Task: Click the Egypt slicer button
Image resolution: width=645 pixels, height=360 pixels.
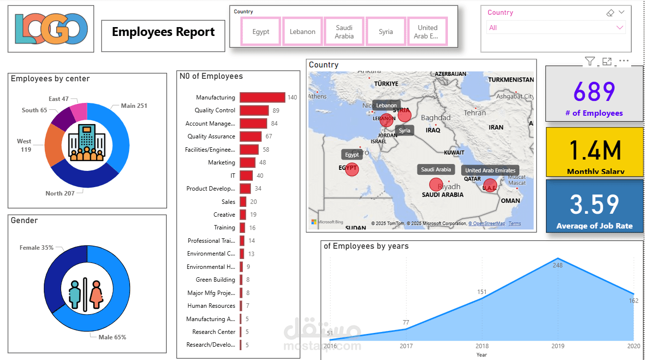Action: (x=261, y=32)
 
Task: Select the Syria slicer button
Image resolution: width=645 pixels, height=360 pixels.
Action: (x=386, y=32)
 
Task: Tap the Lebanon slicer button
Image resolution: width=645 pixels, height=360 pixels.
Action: (x=303, y=32)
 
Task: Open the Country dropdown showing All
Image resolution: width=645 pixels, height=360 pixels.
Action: (x=556, y=28)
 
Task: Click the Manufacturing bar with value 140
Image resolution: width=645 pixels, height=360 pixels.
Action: (x=262, y=98)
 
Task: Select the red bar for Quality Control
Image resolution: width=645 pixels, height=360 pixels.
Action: (x=254, y=110)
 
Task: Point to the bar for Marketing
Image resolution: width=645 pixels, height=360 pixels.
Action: (x=247, y=163)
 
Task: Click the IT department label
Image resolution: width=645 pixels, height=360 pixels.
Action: (x=233, y=175)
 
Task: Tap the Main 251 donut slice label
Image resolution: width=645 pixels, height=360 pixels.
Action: (x=134, y=106)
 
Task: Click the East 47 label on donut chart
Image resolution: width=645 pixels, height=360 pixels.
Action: (x=59, y=99)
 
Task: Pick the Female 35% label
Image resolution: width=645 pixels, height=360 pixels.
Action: (x=36, y=248)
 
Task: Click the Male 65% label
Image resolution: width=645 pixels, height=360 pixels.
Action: (x=112, y=337)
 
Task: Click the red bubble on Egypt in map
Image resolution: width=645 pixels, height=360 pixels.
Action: (x=352, y=169)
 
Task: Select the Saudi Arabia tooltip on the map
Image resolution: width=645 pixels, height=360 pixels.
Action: (x=436, y=169)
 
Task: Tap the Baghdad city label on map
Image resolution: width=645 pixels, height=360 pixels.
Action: (x=436, y=118)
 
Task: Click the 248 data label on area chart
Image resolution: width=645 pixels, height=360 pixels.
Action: (x=557, y=265)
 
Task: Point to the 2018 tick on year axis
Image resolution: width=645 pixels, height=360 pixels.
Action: (x=482, y=346)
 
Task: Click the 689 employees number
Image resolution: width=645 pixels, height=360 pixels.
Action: (x=594, y=92)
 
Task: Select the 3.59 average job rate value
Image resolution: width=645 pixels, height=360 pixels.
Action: (x=594, y=204)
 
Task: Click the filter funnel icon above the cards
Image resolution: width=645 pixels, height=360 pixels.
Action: (x=590, y=61)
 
